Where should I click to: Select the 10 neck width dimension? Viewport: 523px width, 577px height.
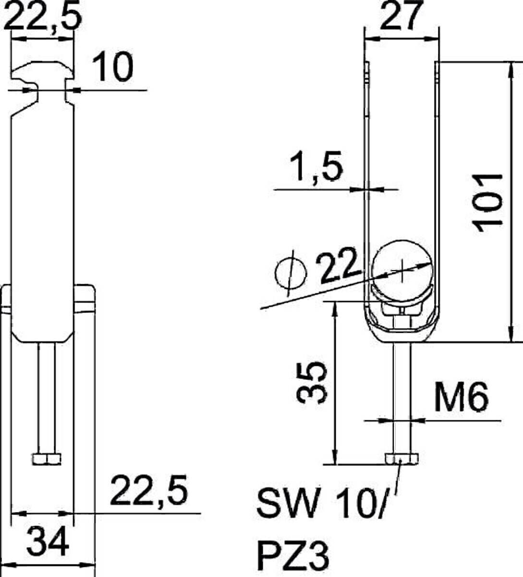(112, 67)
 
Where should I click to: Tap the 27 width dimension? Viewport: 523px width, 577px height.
(401, 16)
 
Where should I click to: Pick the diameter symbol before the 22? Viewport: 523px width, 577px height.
(290, 274)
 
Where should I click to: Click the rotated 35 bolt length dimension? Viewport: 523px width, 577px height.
(311, 383)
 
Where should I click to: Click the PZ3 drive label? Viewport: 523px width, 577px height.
(293, 555)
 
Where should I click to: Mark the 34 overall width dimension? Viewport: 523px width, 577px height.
(48, 540)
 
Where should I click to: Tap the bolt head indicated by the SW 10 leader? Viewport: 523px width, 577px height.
(402, 459)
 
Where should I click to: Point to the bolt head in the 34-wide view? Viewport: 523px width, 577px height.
(47, 459)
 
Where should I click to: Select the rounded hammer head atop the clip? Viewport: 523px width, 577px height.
(43, 70)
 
